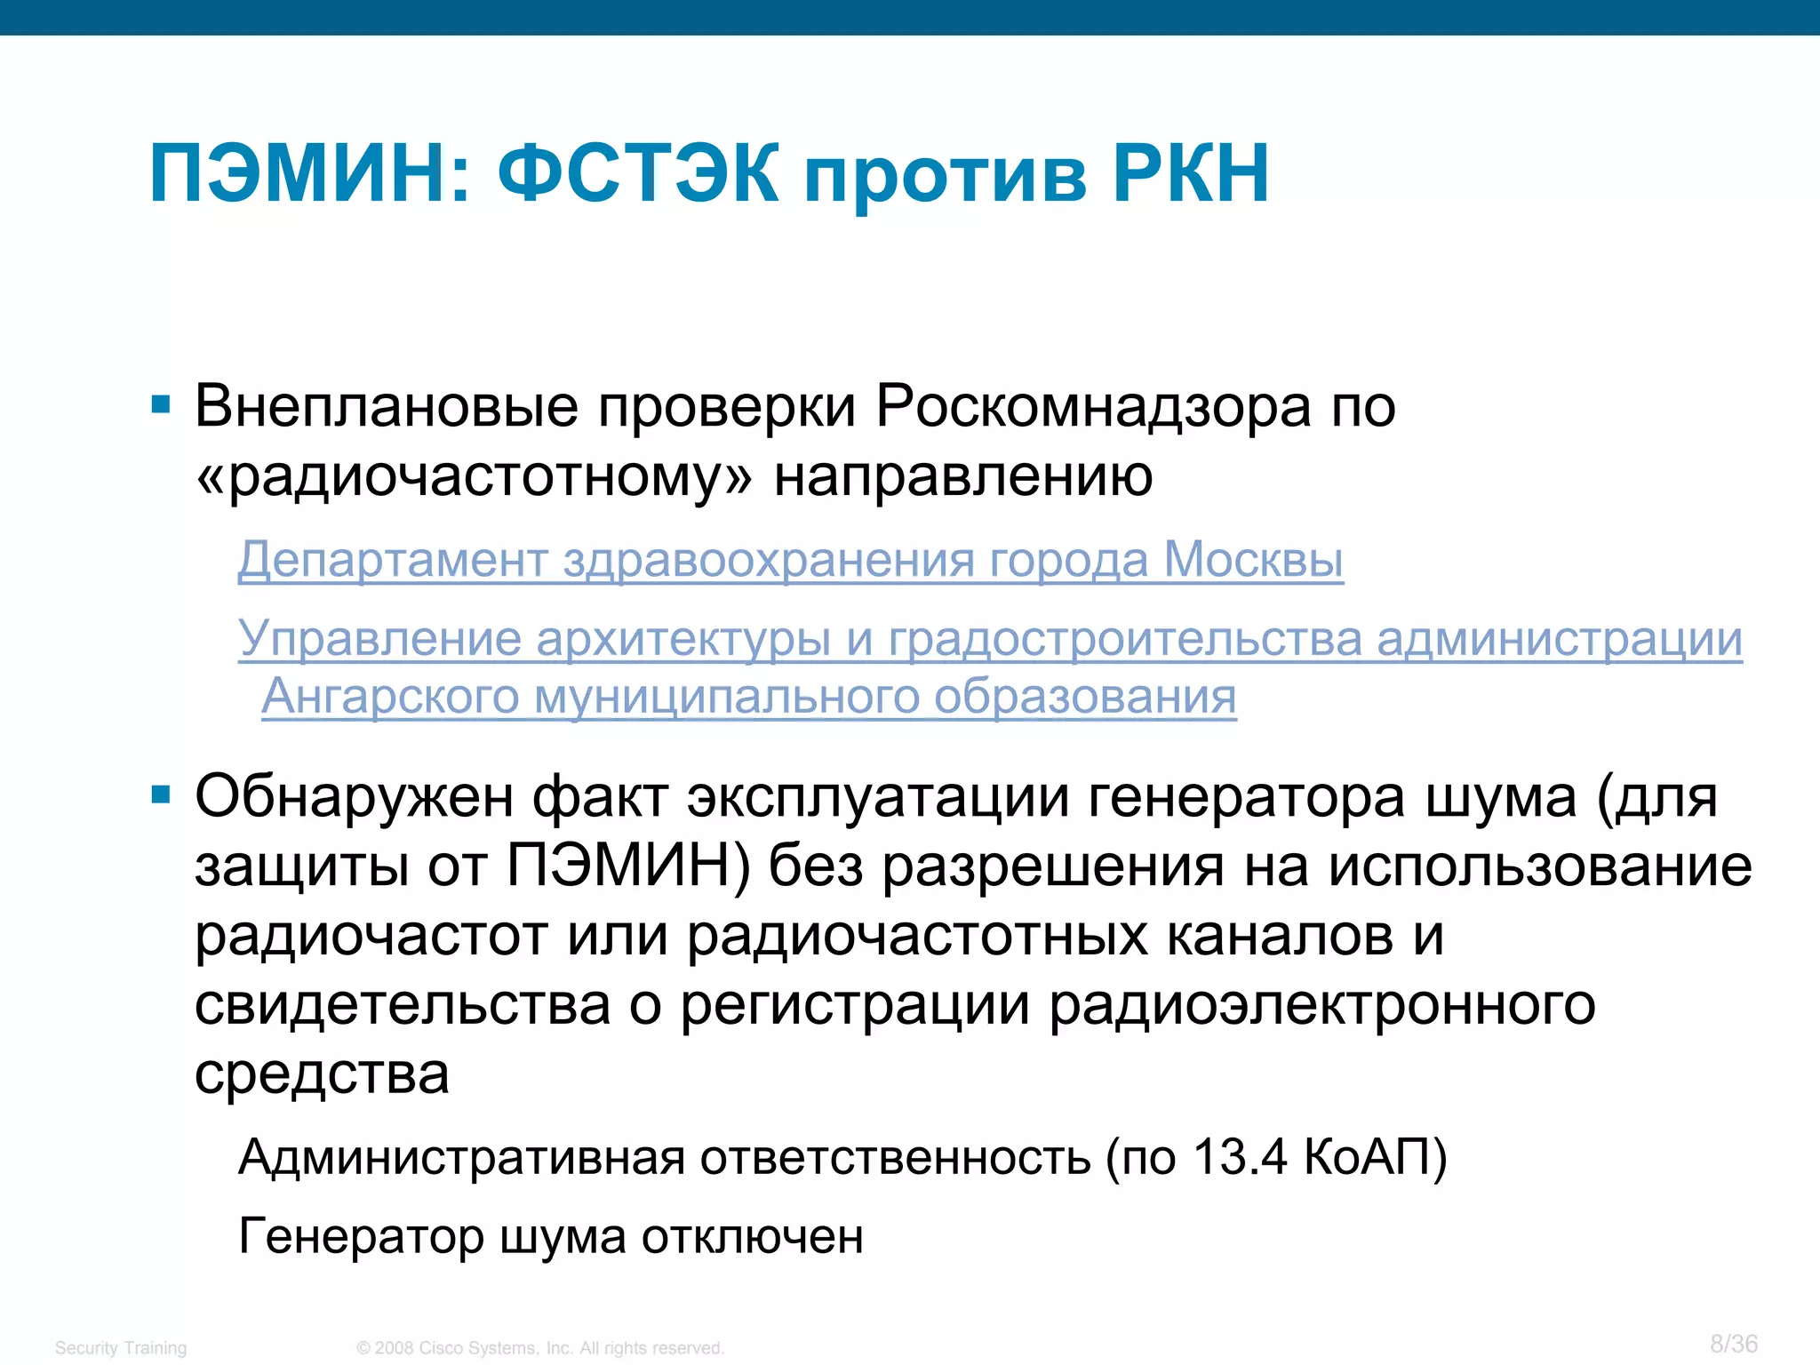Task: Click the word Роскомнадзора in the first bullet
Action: (1093, 407)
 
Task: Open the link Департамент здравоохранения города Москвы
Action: (790, 560)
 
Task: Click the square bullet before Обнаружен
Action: (161, 794)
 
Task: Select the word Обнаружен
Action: (354, 795)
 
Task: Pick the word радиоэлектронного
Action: (1321, 1005)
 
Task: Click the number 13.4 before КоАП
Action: (1239, 1157)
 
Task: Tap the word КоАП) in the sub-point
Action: (1375, 1157)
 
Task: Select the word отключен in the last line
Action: (752, 1236)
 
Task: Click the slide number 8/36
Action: (1734, 1343)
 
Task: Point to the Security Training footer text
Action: (121, 1348)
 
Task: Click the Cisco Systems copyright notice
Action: (540, 1348)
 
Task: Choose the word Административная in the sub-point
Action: (461, 1157)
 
